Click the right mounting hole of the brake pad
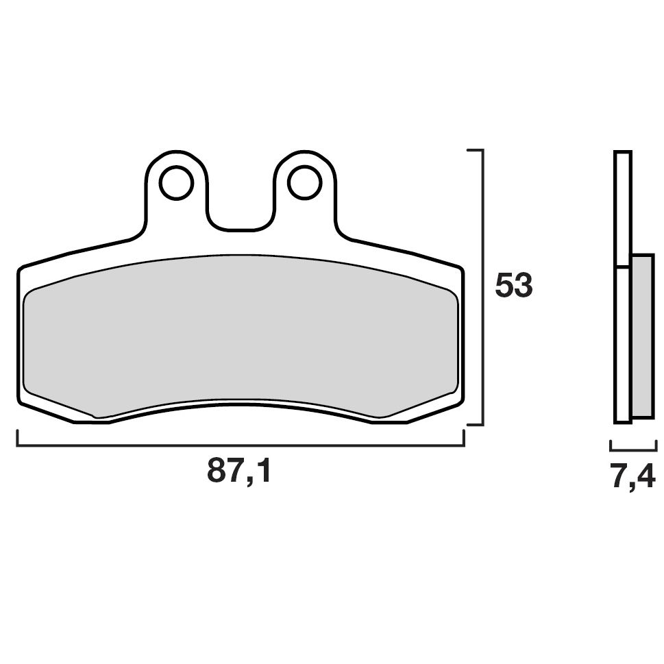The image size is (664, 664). coord(304,182)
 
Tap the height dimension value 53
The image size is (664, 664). coord(514,286)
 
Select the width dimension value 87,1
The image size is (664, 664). coord(240,471)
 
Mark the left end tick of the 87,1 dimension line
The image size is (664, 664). coord(17,439)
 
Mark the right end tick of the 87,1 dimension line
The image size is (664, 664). coord(464,439)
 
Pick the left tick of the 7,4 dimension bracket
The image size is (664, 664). coord(611,446)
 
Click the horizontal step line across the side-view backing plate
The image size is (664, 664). coord(622,266)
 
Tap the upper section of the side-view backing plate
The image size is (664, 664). coord(622,206)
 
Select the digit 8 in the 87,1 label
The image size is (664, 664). coord(217,471)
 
